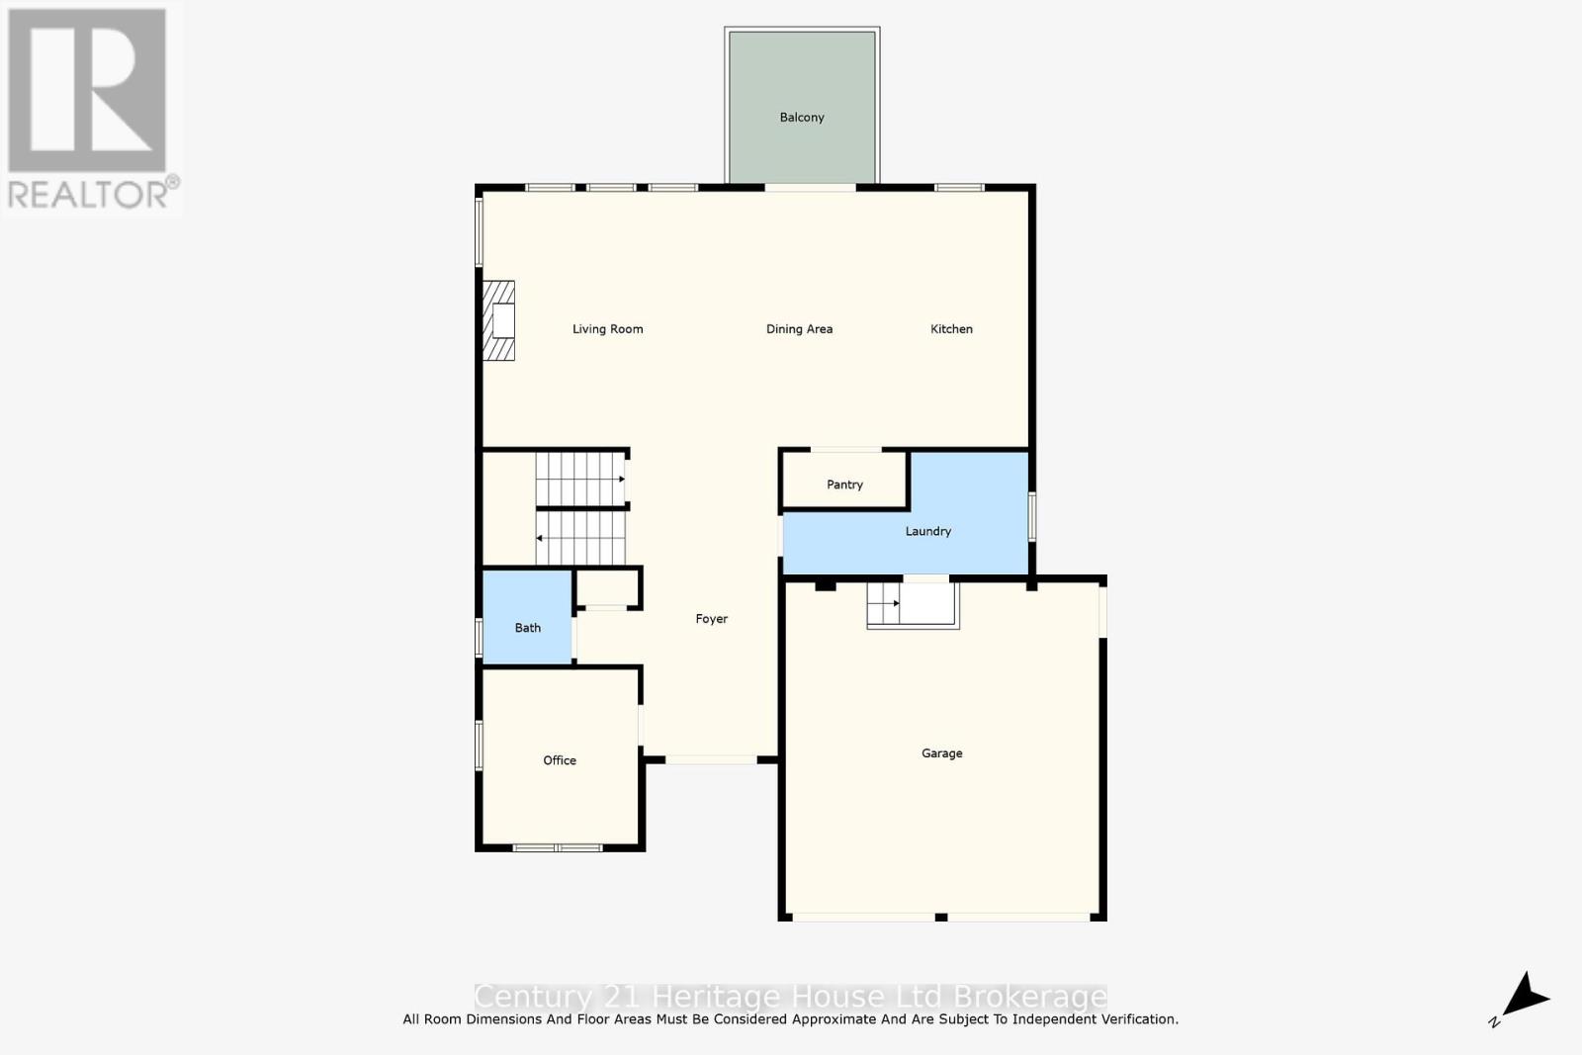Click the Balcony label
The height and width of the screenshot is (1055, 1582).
pos(801,118)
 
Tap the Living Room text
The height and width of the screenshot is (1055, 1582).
pos(607,329)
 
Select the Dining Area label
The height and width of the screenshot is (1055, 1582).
pos(799,329)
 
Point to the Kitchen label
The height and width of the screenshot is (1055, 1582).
pos(951,329)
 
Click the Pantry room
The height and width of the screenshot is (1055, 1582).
pos(844,484)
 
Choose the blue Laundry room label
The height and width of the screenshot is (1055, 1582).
pos(927,532)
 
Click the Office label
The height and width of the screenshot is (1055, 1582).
pos(559,760)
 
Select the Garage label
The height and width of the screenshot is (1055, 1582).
pos(941,753)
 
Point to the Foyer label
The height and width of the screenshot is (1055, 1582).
pos(711,619)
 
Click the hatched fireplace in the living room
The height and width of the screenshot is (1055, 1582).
pos(498,321)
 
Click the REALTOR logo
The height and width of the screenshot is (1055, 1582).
pos(91,109)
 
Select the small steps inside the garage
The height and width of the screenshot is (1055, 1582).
pos(913,604)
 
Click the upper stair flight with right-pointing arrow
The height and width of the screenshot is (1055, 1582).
pos(580,480)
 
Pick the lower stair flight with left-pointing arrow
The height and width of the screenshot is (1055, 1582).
pos(580,538)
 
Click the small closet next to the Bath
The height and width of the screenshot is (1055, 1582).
pos(607,588)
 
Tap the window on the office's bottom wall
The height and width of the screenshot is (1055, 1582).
pos(558,848)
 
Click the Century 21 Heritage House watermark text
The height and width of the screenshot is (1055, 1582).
pos(790,996)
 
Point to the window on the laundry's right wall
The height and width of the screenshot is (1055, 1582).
pos(1031,517)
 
